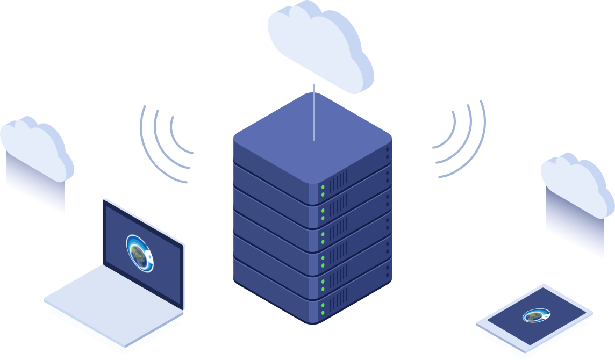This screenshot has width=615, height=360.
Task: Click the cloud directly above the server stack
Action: (320, 43)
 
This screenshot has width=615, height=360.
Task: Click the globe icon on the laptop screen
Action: (139, 250)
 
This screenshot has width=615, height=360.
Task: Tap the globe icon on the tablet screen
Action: (534, 316)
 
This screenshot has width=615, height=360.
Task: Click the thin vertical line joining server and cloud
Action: (314, 113)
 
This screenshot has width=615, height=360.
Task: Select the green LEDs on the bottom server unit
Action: (323, 308)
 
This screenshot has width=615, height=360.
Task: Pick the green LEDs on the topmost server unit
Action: (323, 190)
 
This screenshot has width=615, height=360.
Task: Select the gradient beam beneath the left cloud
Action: (35, 188)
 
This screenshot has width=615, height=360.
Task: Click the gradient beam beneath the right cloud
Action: (574, 226)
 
